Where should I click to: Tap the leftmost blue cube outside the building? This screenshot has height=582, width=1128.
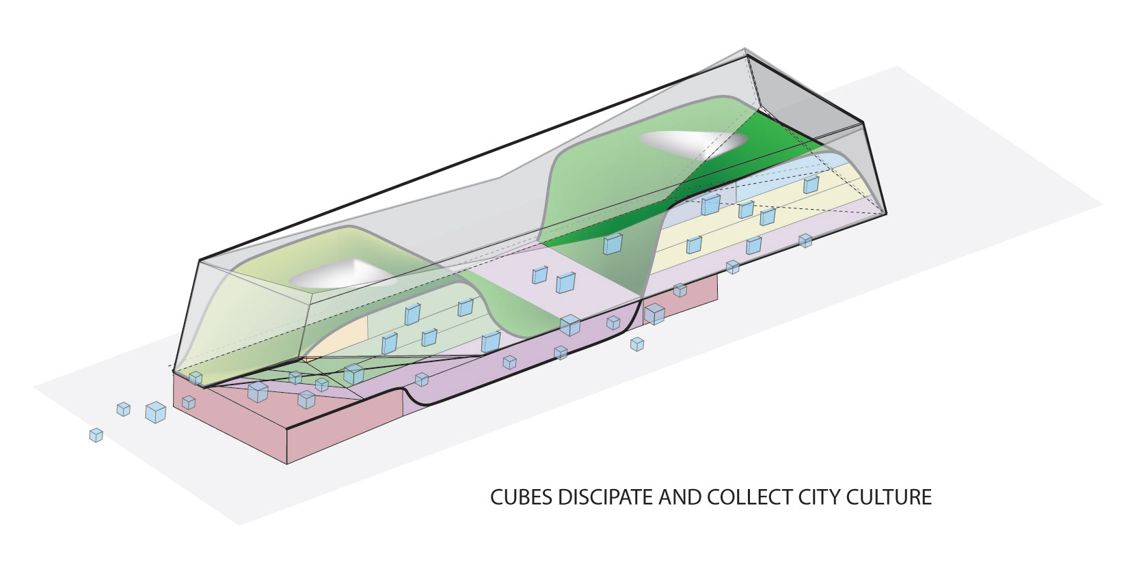coord(96,434)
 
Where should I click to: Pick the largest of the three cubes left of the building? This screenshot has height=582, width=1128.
coord(156,412)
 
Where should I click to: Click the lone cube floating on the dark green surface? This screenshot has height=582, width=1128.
coord(613,244)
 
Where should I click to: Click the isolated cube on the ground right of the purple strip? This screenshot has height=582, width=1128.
coord(637,344)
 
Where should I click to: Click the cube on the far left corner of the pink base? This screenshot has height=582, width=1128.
coord(196,378)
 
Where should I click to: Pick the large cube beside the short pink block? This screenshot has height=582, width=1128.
coord(654,314)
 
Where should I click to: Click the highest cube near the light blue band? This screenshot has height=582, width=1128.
coord(811,184)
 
